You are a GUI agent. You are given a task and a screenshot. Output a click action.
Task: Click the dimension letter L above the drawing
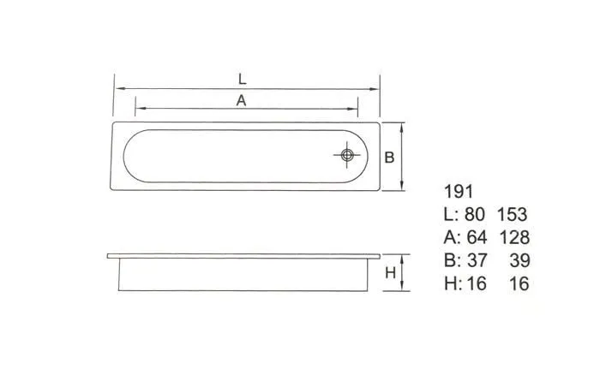click(x=242, y=79)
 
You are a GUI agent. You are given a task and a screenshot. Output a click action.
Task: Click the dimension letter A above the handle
click(x=241, y=100)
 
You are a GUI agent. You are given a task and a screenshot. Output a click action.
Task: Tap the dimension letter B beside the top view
click(x=389, y=158)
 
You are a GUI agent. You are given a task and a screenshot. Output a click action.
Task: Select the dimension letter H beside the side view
click(x=390, y=273)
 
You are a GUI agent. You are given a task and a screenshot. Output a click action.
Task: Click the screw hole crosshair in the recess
click(x=347, y=155)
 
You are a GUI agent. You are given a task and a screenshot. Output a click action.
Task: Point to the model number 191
click(x=459, y=192)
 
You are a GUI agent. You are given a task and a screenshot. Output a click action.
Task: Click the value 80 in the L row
click(x=475, y=214)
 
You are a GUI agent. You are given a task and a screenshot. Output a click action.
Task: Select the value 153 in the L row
click(x=512, y=214)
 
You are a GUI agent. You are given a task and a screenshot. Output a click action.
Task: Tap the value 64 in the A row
click(x=477, y=237)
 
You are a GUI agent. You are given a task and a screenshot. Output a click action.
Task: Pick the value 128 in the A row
click(x=514, y=237)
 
